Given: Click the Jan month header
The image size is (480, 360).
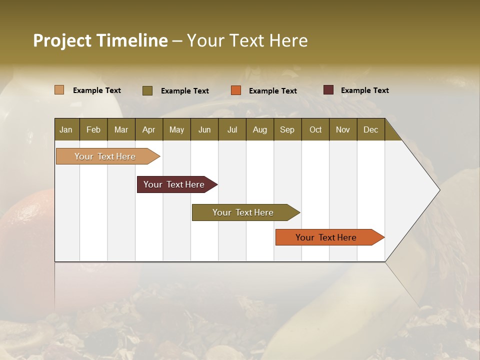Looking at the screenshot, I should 66,129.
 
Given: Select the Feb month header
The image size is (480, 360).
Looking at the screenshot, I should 93,129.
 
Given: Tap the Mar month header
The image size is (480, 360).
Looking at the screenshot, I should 121,129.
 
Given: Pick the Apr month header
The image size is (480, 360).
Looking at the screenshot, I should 149,129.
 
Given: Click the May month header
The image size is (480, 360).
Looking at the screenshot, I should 176,129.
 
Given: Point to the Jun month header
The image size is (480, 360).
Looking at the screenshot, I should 204,129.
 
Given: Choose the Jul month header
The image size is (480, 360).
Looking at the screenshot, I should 232,129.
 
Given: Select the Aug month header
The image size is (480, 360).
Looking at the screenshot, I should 260,129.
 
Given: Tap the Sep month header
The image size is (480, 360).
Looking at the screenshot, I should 287,129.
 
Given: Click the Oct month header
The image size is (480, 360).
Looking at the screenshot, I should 315,129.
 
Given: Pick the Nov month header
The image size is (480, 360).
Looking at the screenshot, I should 343,129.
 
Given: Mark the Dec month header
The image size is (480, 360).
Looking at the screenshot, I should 371,129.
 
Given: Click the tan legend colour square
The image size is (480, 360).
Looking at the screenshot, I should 59,90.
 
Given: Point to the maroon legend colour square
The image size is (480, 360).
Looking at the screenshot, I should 328,90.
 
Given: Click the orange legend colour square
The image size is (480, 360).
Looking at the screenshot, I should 236,90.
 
